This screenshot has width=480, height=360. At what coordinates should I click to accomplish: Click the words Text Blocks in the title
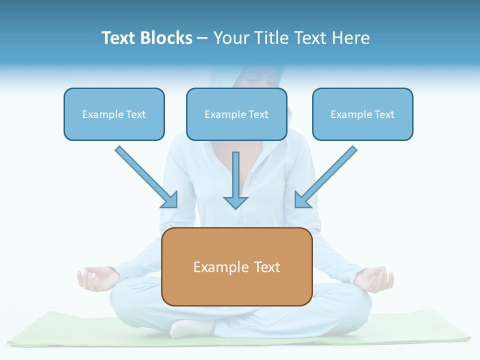pos(146,38)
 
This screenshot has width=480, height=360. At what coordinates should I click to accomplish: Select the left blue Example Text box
pos(114,114)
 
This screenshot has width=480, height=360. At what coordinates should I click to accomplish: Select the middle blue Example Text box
pos(236,114)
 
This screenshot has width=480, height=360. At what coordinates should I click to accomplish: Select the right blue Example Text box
pos(362,114)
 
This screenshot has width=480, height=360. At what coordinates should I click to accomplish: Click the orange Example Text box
pos(236,266)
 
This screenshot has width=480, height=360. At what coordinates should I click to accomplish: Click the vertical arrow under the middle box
pos(235,175)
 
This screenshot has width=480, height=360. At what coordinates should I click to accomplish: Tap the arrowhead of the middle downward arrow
pos(235,202)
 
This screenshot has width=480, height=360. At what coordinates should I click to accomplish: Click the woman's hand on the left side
pos(95,278)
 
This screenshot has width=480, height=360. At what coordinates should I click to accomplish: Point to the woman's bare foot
pos(190,329)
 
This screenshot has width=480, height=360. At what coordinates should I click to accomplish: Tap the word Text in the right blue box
pos(384,114)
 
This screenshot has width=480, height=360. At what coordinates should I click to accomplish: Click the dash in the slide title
pos(202,38)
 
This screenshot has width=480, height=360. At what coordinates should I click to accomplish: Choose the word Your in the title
pos(231,38)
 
